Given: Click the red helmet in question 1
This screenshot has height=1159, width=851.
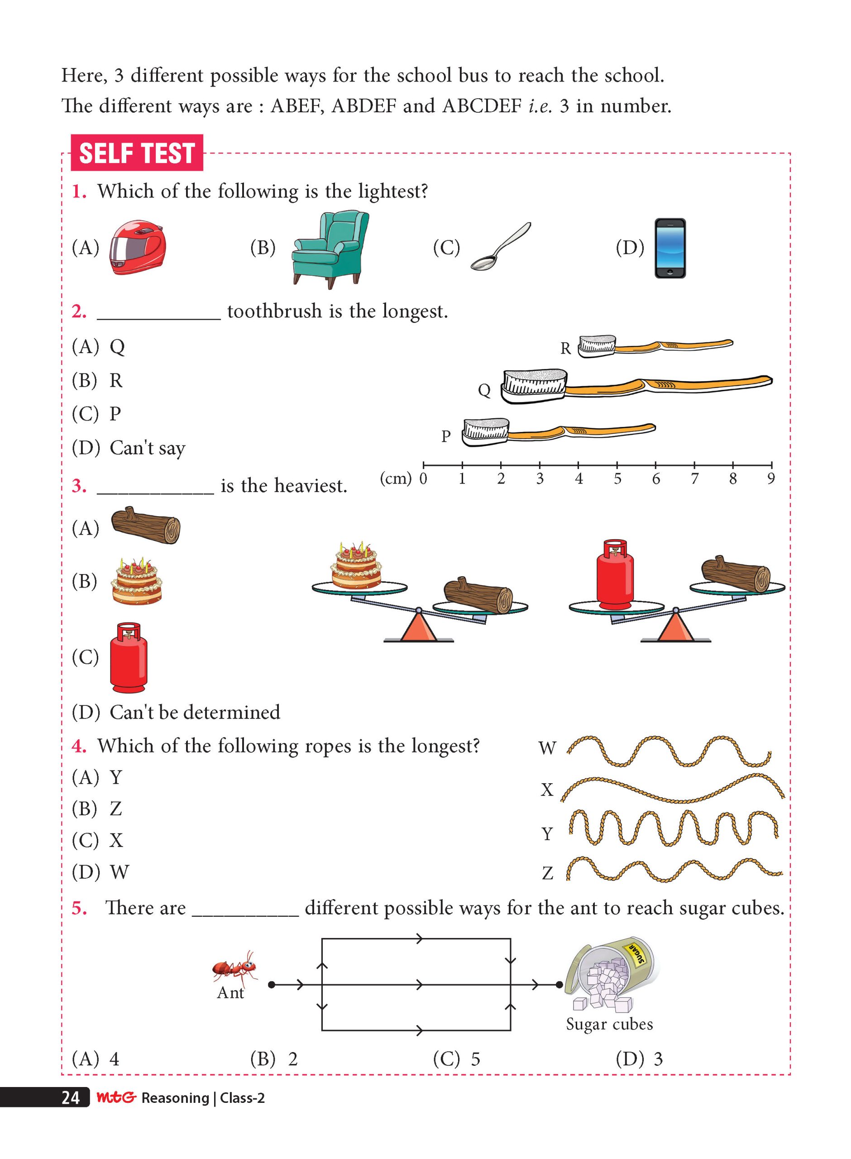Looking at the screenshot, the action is (138, 248).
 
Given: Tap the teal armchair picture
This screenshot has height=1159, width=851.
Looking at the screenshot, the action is (330, 249).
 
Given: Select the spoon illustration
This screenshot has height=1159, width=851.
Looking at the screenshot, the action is (500, 247).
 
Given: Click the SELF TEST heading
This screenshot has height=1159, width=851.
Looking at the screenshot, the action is (137, 153).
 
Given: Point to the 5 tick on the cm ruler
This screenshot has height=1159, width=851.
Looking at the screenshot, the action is (617, 466).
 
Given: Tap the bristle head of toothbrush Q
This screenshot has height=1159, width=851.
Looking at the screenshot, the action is (534, 386).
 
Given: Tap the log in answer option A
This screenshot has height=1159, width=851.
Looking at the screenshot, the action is (146, 526).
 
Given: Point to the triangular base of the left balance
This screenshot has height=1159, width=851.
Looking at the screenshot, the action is (419, 627).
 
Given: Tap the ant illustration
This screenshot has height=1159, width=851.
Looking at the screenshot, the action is (235, 965).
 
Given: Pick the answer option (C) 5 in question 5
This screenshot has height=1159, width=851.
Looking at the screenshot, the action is (456, 1059).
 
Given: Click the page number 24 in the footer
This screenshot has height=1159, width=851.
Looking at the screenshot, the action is (71, 1098).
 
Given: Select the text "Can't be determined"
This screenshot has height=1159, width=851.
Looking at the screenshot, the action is (195, 712).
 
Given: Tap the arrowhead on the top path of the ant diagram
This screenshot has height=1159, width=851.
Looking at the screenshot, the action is (419, 939).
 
